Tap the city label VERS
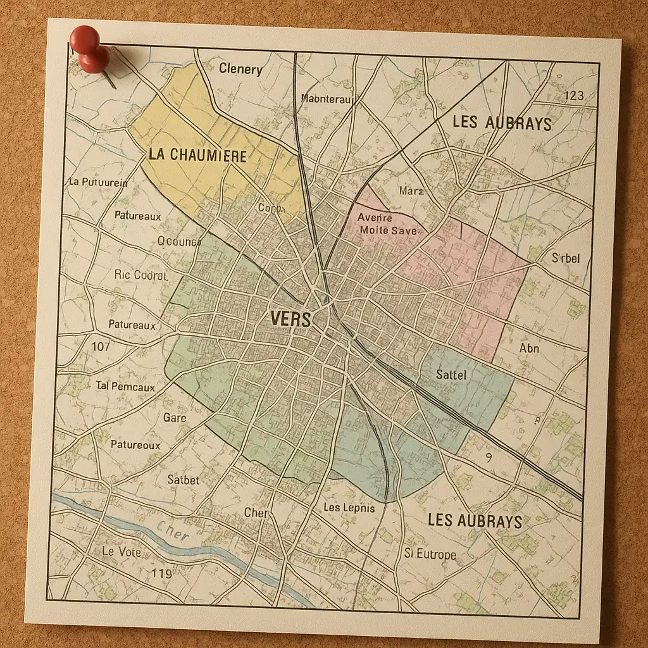[290, 319]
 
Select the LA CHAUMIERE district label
[197, 155]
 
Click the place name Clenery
[240, 70]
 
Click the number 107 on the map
[101, 346]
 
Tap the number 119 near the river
[161, 573]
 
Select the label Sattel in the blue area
[451, 375]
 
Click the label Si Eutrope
[430, 554]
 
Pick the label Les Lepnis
[349, 508]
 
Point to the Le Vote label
[121, 552]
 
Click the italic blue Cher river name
[173, 532]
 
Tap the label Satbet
[183, 480]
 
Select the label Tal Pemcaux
[125, 385]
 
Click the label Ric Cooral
[141, 275]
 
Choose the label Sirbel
[565, 258]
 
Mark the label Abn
[529, 348]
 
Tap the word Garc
[175, 418]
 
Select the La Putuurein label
[97, 182]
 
